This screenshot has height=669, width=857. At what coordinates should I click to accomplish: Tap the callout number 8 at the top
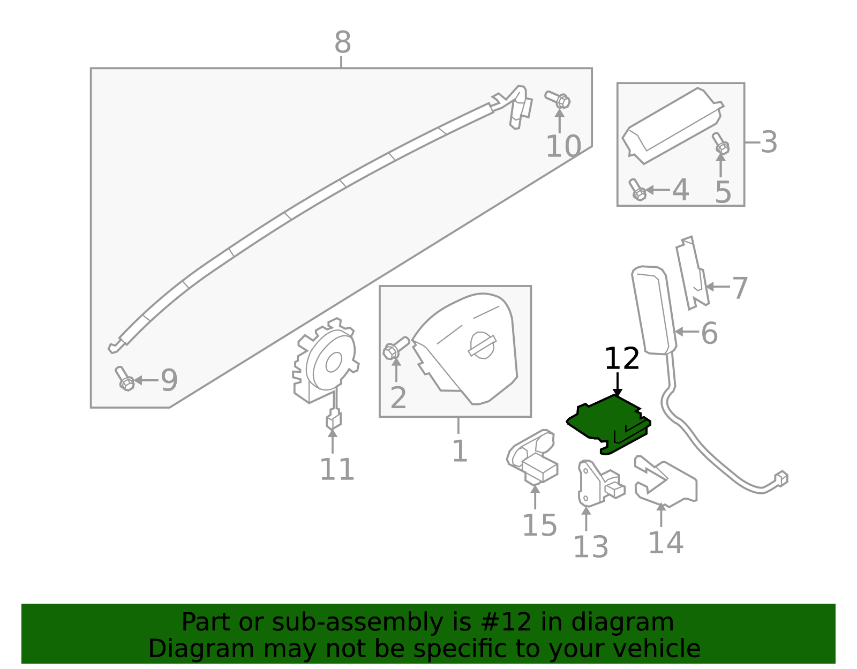(342, 43)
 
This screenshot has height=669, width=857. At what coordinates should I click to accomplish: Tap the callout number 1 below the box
(460, 451)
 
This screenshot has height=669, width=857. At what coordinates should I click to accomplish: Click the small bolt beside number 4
(637, 190)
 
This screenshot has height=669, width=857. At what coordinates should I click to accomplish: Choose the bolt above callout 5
(720, 143)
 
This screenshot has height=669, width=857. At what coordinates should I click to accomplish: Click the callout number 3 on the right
(769, 142)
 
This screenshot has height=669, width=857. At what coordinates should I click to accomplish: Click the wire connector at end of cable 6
(781, 478)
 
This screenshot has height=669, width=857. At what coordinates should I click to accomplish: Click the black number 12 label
(621, 358)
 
